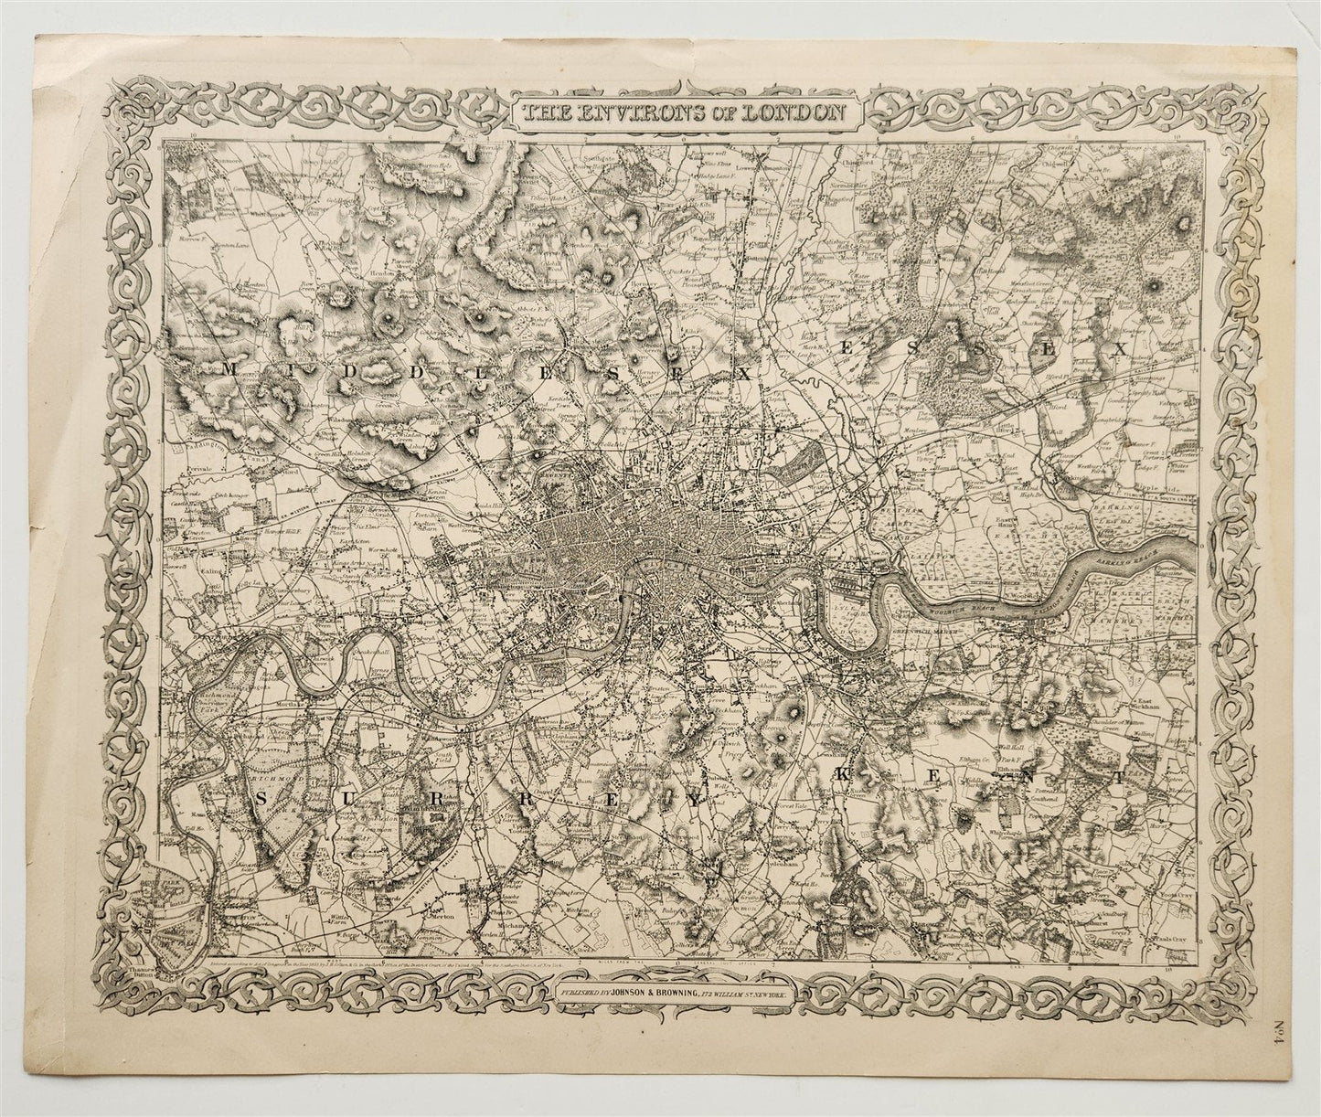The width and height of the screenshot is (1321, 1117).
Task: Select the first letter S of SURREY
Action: point(261,799)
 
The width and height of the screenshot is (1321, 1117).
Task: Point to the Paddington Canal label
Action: point(192,451)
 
